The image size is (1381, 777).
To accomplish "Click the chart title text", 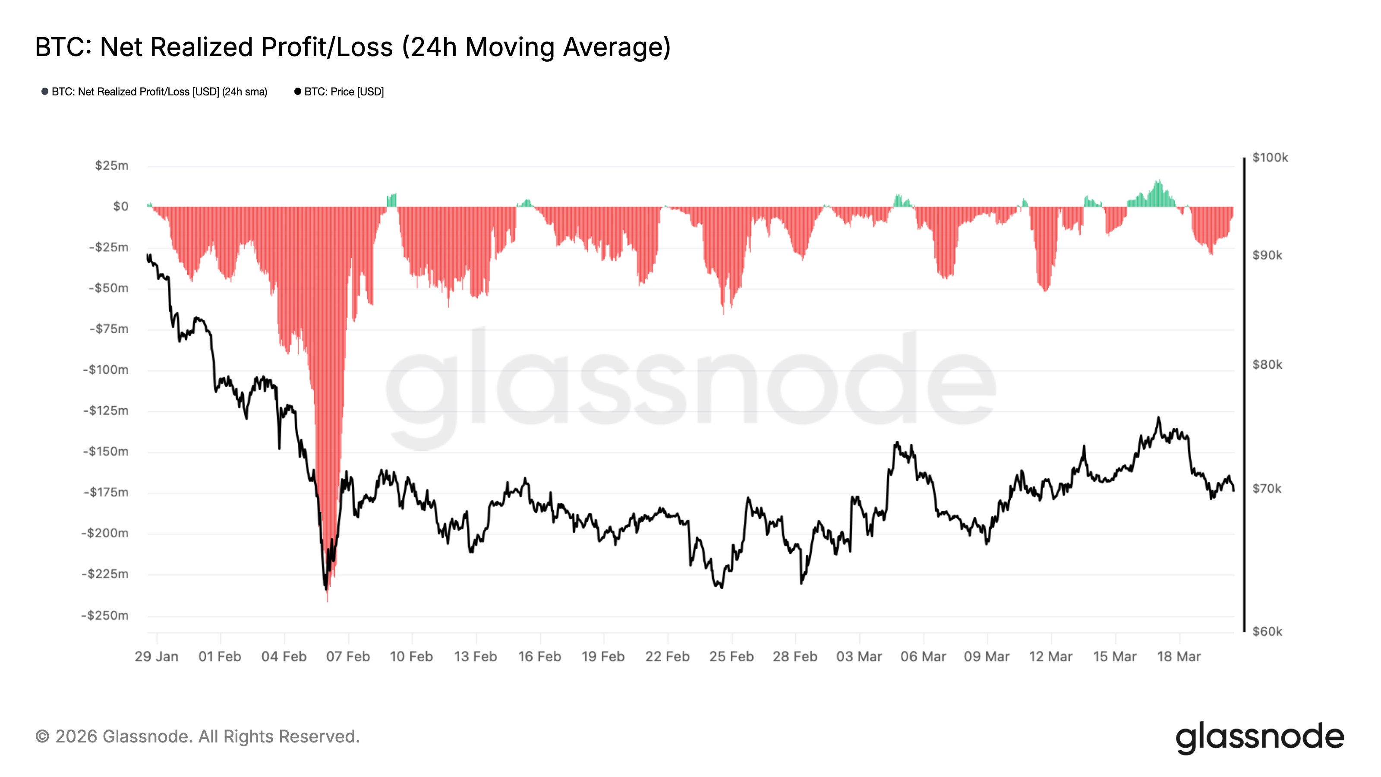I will (x=353, y=47).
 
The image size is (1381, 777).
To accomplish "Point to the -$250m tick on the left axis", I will (x=105, y=615).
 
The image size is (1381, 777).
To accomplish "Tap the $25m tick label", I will (x=111, y=166).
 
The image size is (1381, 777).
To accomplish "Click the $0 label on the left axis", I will (x=121, y=206).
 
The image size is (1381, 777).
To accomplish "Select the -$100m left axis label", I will (x=106, y=370).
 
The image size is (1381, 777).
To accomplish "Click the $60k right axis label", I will (x=1267, y=631).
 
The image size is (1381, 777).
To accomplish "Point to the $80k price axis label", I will (x=1267, y=365).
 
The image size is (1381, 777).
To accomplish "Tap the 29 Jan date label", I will (x=157, y=656).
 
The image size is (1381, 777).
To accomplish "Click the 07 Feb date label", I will (x=348, y=656).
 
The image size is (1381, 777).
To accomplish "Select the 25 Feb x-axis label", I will (x=731, y=656).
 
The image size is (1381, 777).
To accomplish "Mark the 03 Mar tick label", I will (x=859, y=656).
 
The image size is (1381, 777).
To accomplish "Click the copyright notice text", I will (x=197, y=736).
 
